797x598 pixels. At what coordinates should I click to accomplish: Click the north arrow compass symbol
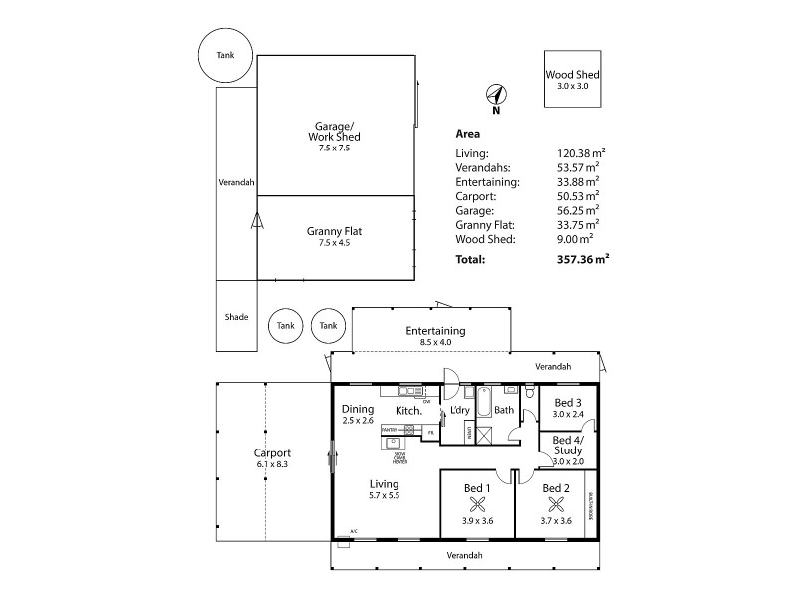(496, 96)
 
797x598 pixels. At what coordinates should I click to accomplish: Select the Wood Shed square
(573, 79)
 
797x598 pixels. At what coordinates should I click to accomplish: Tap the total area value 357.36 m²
(583, 259)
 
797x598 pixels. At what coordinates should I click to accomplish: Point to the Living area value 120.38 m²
(581, 153)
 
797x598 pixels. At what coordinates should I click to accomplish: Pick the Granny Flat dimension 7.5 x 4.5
(334, 242)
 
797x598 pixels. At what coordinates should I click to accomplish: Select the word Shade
(236, 318)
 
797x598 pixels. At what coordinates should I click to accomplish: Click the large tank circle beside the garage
(227, 54)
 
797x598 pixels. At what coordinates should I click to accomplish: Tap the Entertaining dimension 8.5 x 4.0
(435, 342)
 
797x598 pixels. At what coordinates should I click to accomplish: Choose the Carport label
(272, 452)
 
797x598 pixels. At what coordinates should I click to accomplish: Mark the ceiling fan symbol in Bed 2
(555, 503)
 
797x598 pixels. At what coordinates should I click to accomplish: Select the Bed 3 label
(567, 402)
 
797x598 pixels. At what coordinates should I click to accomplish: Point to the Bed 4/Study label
(567, 445)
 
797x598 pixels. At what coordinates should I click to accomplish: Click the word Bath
(504, 410)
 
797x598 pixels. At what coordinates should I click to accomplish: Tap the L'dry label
(460, 410)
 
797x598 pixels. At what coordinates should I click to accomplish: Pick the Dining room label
(357, 409)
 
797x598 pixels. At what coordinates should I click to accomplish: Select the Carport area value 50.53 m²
(578, 196)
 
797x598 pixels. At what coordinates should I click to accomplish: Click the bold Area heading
(468, 133)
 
